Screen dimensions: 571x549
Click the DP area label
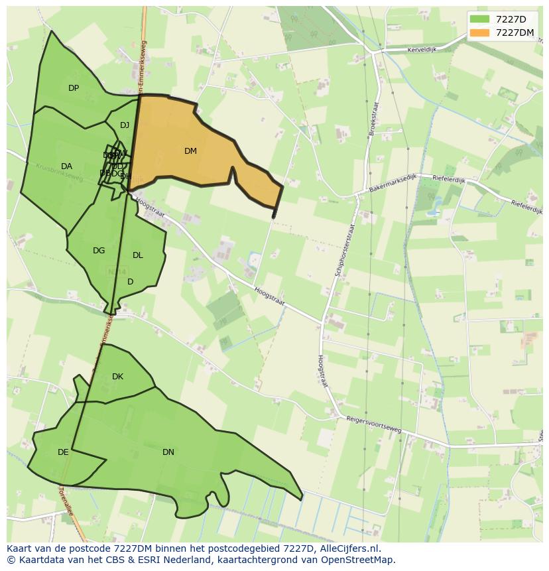click(x=74, y=88)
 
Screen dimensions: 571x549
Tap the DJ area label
click(x=125, y=125)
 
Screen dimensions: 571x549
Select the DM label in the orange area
click(x=190, y=151)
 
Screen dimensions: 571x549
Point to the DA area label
click(x=66, y=166)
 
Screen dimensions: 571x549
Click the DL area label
click(x=138, y=255)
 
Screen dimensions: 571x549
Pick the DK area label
click(x=117, y=377)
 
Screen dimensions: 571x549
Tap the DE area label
click(x=63, y=452)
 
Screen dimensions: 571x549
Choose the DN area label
click(x=168, y=452)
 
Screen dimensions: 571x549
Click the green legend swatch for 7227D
click(x=480, y=19)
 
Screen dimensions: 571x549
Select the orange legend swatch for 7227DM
click(x=480, y=32)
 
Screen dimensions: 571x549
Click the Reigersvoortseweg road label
click(x=373, y=424)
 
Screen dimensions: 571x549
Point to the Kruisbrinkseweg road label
click(x=59, y=173)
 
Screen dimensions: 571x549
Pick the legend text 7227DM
click(x=515, y=32)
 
